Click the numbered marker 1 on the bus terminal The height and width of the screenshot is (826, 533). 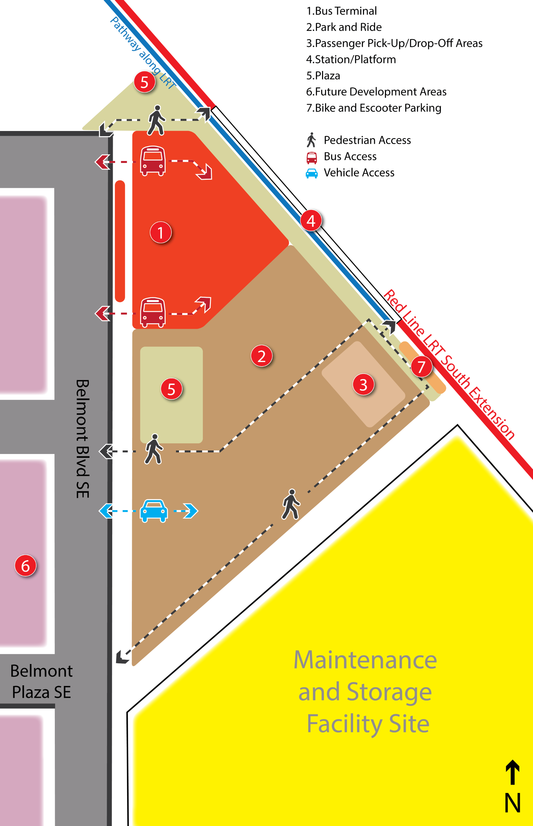[x=161, y=232]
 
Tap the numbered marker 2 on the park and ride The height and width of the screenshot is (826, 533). [x=262, y=356]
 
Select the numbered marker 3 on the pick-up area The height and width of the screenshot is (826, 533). [x=363, y=384]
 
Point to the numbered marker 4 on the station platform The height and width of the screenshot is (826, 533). [x=311, y=221]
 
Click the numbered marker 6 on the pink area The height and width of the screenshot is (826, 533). [x=25, y=566]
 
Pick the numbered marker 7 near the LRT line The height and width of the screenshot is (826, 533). [x=421, y=367]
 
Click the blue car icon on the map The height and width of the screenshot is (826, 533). [x=154, y=510]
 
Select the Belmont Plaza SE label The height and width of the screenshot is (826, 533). [x=41, y=681]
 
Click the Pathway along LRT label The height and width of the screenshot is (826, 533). [x=143, y=53]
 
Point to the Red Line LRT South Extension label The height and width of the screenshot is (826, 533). [x=449, y=364]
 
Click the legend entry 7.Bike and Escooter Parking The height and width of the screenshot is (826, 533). [x=373, y=108]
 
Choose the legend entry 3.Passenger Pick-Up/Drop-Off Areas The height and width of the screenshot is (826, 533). [x=394, y=43]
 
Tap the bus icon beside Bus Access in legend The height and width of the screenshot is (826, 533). [x=311, y=157]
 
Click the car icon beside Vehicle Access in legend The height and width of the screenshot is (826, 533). [x=311, y=173]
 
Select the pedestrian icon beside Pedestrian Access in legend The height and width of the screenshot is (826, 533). [x=311, y=140]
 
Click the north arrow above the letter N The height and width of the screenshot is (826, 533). [x=512, y=772]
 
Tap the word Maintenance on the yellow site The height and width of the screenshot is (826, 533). [x=365, y=660]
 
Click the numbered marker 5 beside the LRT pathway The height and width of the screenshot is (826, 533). [x=144, y=82]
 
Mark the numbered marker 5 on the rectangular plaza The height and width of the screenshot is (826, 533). [x=171, y=389]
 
